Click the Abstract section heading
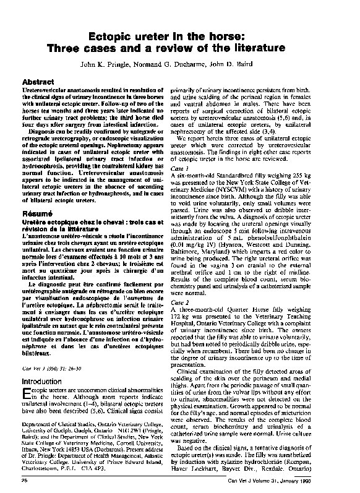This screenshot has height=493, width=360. pyautogui.click(x=38, y=82)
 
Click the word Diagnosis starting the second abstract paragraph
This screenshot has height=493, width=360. pyautogui.click(x=43, y=148)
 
